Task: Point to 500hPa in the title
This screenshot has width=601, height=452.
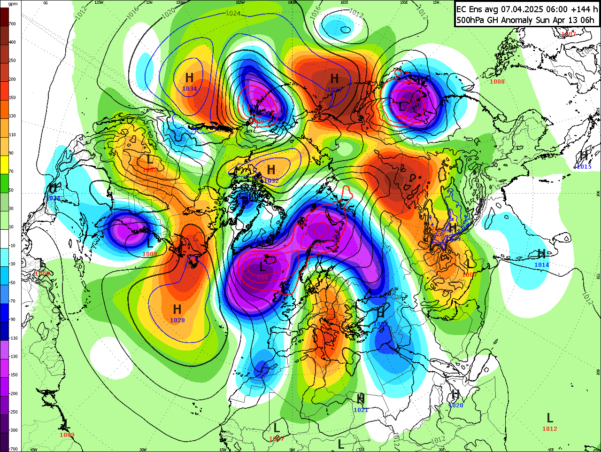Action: (473, 20)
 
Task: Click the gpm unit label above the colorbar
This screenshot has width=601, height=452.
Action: (13, 4)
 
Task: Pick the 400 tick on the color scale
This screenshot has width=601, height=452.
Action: (12, 42)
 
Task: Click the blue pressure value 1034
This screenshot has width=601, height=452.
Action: (190, 89)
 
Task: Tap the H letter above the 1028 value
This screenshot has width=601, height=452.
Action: (177, 309)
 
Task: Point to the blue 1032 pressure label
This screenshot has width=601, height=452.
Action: (271, 181)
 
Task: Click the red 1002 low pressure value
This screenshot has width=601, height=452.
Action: (150, 170)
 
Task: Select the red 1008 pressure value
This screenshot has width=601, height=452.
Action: (497, 82)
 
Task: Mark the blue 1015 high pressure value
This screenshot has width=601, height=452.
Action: (584, 167)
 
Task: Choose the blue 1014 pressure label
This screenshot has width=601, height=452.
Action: (542, 265)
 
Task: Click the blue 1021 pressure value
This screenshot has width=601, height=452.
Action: (361, 410)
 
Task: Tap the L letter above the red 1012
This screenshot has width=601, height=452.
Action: (550, 417)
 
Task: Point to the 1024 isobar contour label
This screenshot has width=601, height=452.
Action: (233, 13)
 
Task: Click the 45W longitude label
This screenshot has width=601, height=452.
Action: (34, 450)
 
